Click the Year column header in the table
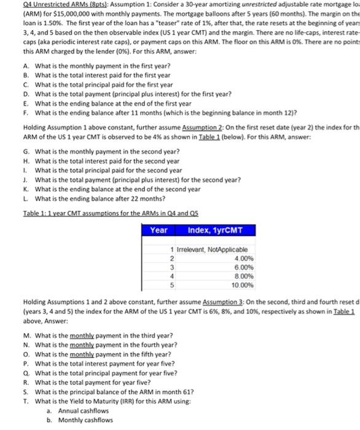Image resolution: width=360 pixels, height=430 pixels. click(x=159, y=230)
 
